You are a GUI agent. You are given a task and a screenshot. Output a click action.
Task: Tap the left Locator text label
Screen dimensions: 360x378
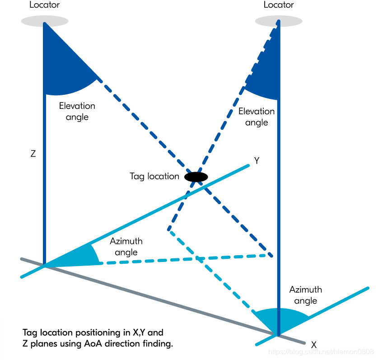[44, 5]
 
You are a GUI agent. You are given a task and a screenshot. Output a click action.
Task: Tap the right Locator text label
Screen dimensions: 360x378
[279, 5]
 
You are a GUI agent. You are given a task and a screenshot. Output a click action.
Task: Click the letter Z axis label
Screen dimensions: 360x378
[33, 154]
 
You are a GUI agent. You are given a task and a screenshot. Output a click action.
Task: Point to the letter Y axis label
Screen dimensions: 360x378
[257, 161]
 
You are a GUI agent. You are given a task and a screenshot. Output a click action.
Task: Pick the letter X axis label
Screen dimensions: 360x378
[313, 345]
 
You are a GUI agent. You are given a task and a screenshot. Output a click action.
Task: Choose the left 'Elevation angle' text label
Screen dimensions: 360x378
[77, 112]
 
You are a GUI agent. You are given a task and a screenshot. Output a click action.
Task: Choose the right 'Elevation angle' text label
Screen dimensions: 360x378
[257, 117]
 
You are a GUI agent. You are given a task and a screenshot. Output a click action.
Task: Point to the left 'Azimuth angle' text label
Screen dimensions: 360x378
[126, 247]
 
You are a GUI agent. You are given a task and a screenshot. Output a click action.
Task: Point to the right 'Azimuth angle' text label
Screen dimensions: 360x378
[306, 295]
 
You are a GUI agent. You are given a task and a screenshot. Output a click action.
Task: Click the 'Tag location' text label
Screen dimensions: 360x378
[154, 176]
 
